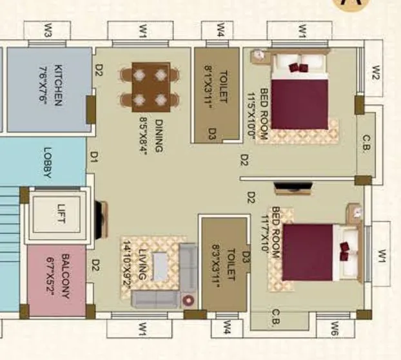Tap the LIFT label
point(61,213)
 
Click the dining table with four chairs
point(150,86)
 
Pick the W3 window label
point(47,29)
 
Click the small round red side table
point(189,300)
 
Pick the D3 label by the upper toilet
point(211,133)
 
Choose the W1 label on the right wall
point(382,256)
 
